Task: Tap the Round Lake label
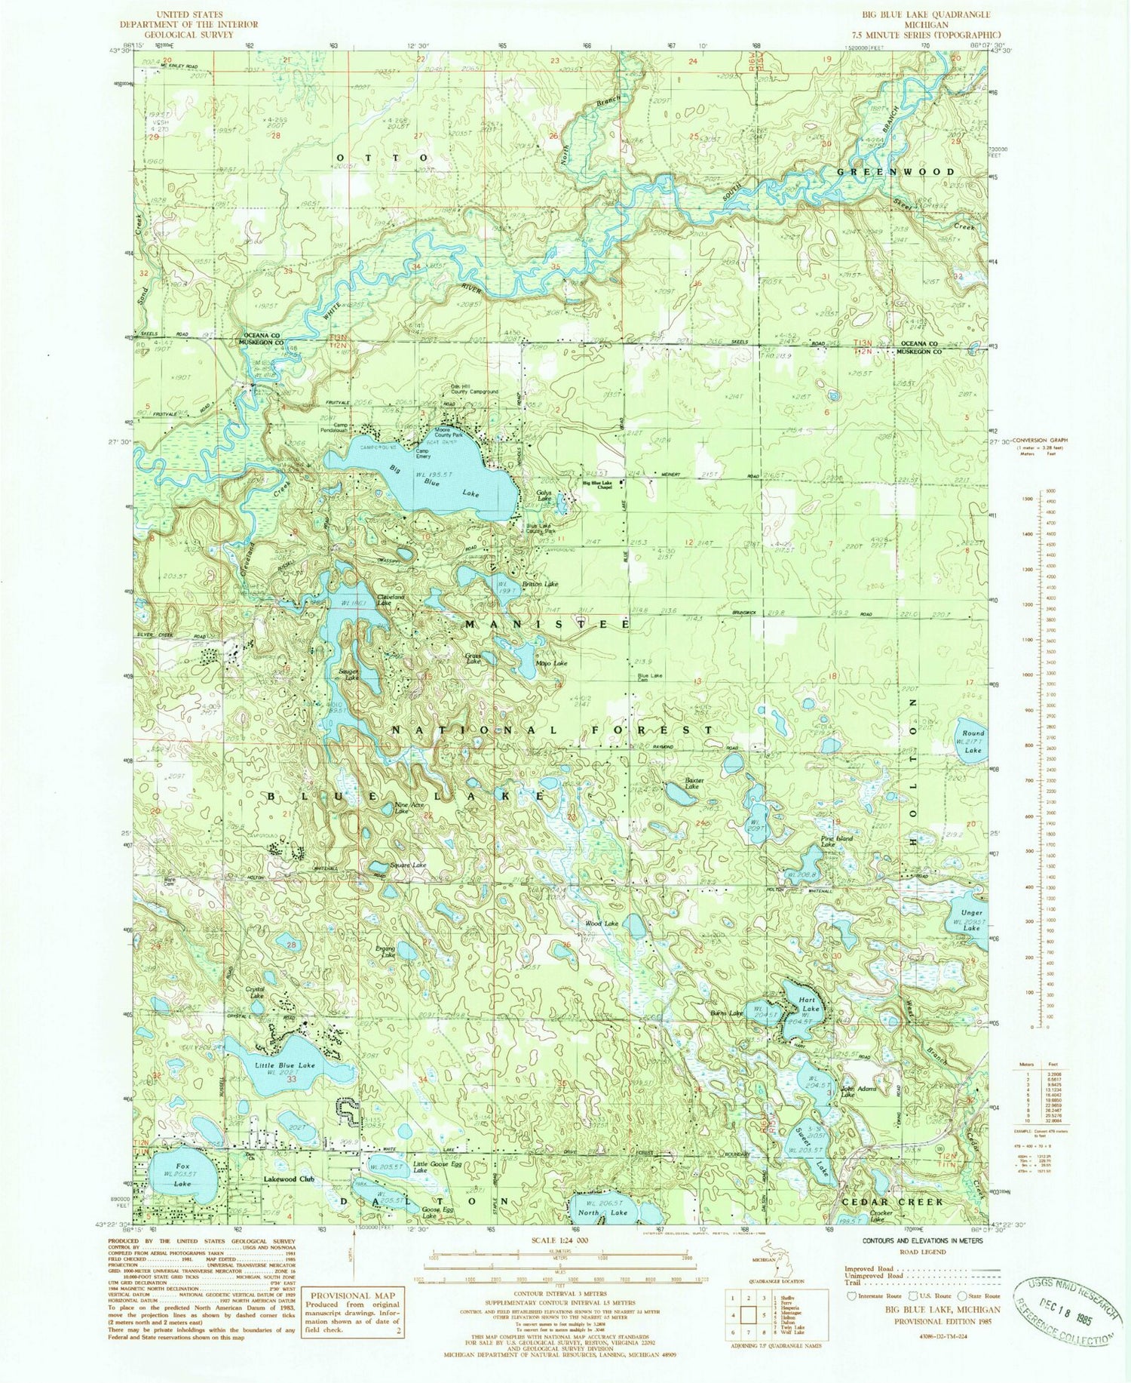[973, 741]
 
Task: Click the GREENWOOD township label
[896, 172]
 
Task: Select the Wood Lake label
[602, 924]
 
